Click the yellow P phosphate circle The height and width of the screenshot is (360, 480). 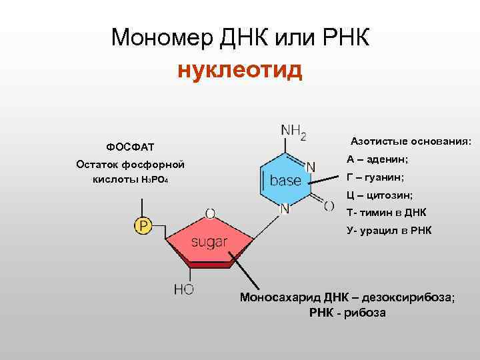[x=143, y=226]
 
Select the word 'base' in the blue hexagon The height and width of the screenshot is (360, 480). [x=285, y=180]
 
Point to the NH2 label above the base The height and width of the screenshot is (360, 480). [x=294, y=132]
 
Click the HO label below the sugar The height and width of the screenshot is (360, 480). [x=183, y=289]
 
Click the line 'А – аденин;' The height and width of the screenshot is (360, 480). [x=377, y=159]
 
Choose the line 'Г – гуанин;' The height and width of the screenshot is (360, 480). [x=375, y=177]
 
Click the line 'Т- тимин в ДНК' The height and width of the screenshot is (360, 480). [x=386, y=213]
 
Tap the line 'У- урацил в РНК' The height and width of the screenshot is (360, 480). [x=389, y=231]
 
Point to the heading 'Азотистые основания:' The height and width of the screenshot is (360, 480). [x=411, y=141]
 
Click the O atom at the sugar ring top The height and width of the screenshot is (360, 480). [x=210, y=213]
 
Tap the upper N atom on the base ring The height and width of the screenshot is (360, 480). [x=311, y=165]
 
